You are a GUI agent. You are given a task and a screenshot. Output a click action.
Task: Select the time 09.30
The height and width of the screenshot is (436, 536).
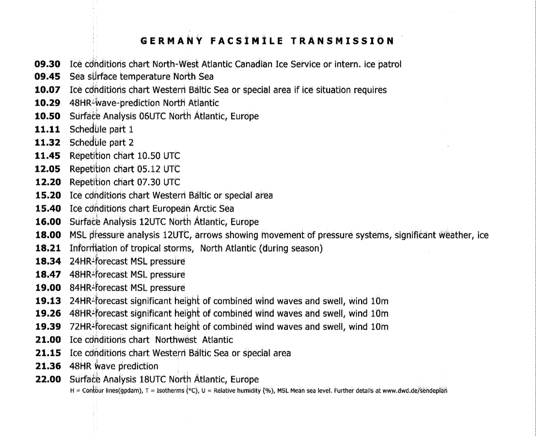pos(47,63)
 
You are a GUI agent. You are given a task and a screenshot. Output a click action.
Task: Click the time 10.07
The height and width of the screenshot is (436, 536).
pos(47,90)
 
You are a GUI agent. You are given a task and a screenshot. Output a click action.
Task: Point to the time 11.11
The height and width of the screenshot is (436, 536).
pos(47,130)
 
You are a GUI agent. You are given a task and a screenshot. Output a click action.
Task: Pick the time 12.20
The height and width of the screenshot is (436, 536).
pos(47,182)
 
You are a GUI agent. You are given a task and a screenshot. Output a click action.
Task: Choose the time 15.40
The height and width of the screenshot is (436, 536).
pos(47,209)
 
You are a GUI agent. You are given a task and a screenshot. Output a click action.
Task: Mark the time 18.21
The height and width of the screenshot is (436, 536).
pos(47,249)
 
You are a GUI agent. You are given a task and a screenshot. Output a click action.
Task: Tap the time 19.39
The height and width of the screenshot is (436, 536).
pos(47,327)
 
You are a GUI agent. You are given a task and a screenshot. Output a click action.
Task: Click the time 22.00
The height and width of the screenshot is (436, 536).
pos(47,379)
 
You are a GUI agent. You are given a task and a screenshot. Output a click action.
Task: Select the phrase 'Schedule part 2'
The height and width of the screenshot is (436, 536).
pos(102,143)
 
